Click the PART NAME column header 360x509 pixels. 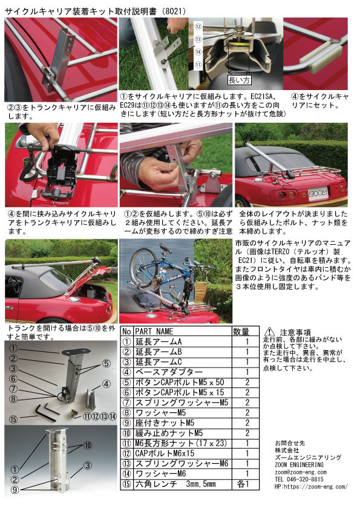coord(154,331)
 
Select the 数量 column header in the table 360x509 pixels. coord(241,331)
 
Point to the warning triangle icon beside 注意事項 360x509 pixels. coord(269,331)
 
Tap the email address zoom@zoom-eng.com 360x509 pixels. coord(300,472)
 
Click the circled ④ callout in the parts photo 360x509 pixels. coord(106,383)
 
